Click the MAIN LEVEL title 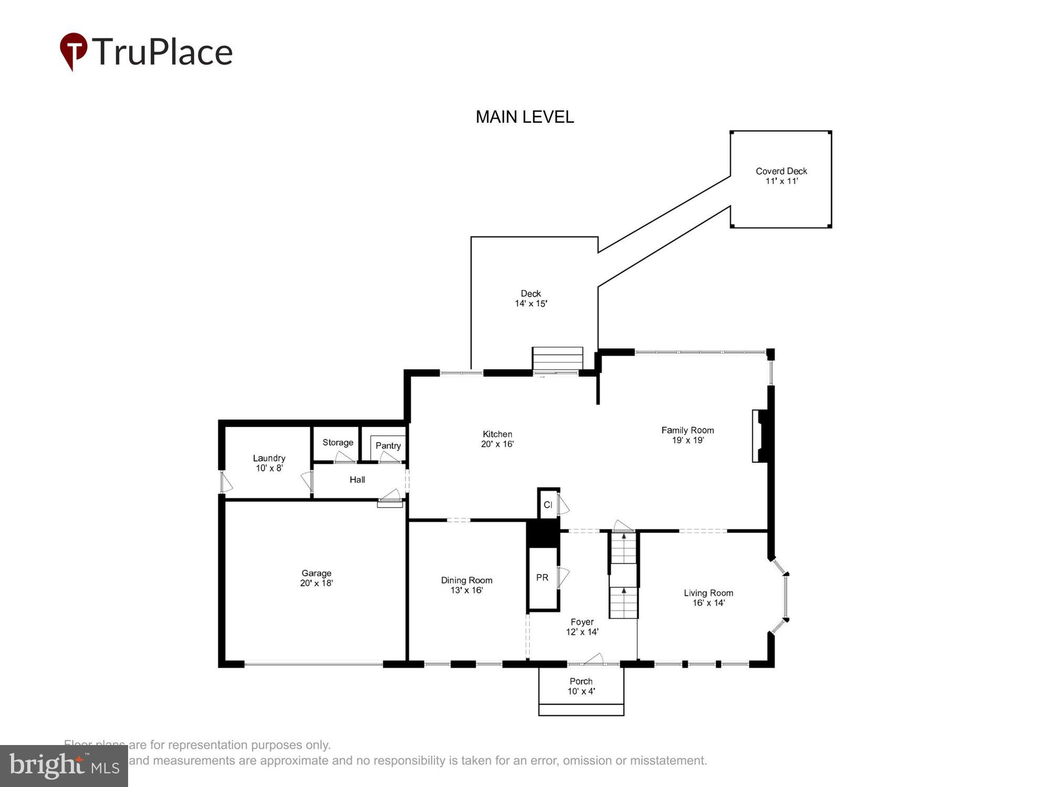pyautogui.click(x=524, y=117)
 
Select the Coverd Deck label pyautogui.click(x=781, y=171)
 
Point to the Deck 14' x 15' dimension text pyautogui.click(x=531, y=304)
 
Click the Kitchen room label pyautogui.click(x=497, y=434)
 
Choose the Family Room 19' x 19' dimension pyautogui.click(x=688, y=440)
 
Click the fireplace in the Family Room pyautogui.click(x=759, y=436)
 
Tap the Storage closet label pyautogui.click(x=338, y=442)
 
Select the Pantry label pyautogui.click(x=388, y=445)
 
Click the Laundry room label pyautogui.click(x=269, y=458)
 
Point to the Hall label pyautogui.click(x=357, y=480)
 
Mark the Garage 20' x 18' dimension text pyautogui.click(x=316, y=583)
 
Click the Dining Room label pyautogui.click(x=466, y=580)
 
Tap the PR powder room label pyautogui.click(x=542, y=578)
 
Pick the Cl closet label pyautogui.click(x=548, y=505)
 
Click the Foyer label pyautogui.click(x=582, y=622)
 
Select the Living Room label pyautogui.click(x=708, y=593)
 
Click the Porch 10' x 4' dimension pyautogui.click(x=581, y=692)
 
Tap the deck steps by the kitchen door pyautogui.click(x=558, y=359)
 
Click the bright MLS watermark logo pyautogui.click(x=64, y=766)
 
